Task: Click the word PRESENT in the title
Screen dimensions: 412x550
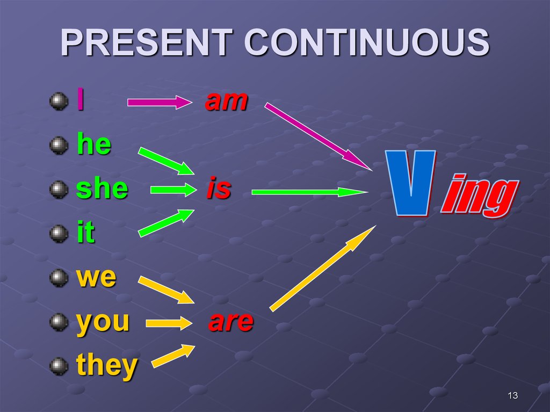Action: pyautogui.click(x=146, y=43)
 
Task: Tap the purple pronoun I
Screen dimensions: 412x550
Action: pyautogui.click(x=80, y=100)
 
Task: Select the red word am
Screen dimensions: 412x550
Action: pyautogui.click(x=226, y=100)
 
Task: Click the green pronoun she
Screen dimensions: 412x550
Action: pyautogui.click(x=102, y=189)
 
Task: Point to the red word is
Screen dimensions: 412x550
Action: pyautogui.click(x=219, y=190)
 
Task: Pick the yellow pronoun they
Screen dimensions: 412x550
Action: pyautogui.click(x=107, y=366)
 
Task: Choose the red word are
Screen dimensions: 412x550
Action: pyautogui.click(x=231, y=322)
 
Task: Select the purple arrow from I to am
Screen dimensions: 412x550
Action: pyautogui.click(x=159, y=102)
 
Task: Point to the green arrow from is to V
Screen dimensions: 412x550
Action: pyautogui.click(x=309, y=191)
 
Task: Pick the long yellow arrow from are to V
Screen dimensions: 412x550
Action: pyautogui.click(x=322, y=269)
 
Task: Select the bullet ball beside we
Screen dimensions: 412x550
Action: pyautogui.click(x=58, y=278)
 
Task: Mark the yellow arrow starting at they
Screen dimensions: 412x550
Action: pyautogui.click(x=173, y=356)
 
